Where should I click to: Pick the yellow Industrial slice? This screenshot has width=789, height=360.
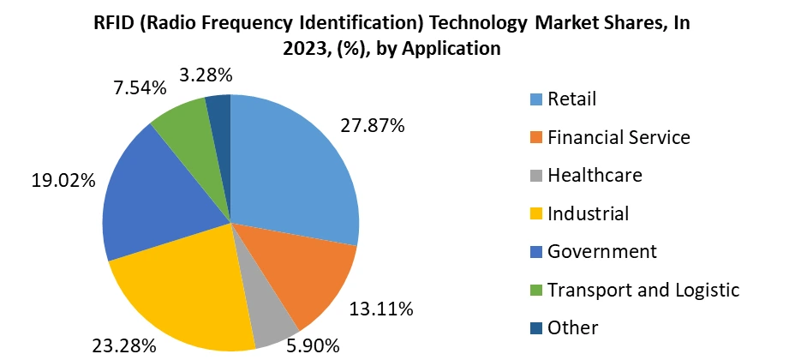coord(184,296)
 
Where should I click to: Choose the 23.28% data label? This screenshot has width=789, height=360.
coord(124,346)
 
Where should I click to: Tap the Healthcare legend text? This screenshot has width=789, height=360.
coord(595,176)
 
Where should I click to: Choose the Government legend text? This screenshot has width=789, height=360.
coord(602,252)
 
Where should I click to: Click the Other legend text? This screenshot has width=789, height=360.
coord(573,327)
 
